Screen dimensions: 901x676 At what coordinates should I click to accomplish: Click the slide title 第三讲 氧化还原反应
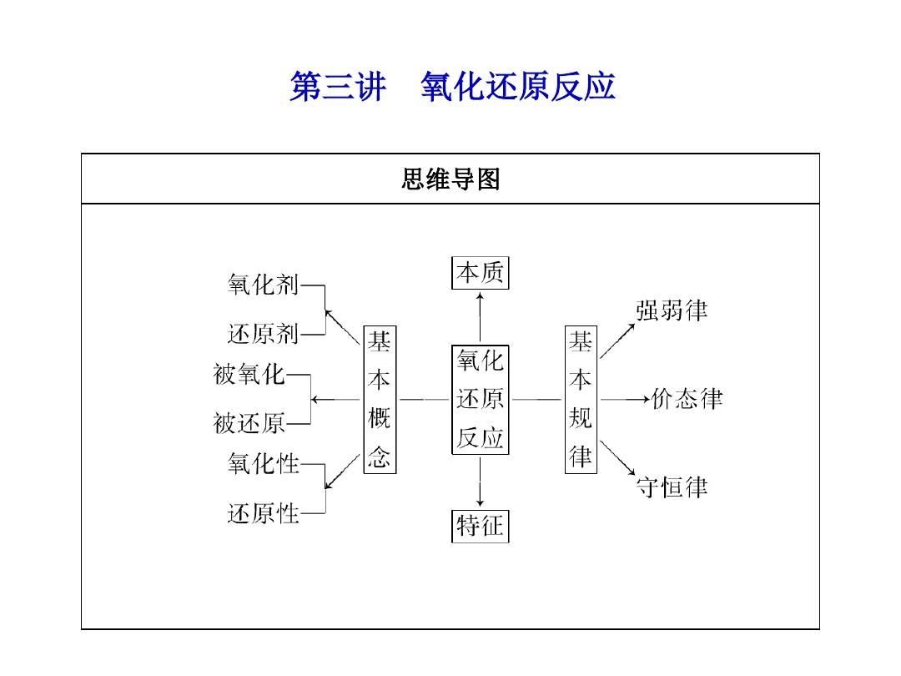click(452, 87)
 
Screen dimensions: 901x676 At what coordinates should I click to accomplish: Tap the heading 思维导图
click(450, 179)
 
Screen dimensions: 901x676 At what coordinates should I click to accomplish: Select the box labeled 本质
click(480, 273)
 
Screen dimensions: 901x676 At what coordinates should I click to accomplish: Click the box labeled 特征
click(480, 526)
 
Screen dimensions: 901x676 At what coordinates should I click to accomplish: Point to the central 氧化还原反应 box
click(480, 400)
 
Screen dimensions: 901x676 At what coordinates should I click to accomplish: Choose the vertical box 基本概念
click(380, 400)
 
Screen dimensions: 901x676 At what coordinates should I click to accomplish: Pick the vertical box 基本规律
click(581, 400)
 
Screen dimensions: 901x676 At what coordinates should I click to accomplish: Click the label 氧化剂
click(263, 285)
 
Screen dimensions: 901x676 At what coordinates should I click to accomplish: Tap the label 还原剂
click(263, 334)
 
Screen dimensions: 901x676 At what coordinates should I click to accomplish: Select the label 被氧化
click(249, 374)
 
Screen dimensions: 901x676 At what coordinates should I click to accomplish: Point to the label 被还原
click(249, 424)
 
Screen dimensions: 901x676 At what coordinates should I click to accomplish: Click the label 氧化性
click(263, 464)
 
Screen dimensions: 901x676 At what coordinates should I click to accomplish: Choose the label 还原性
click(263, 513)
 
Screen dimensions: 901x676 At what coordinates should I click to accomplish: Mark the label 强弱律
click(672, 310)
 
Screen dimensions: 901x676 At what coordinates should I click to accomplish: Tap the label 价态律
click(687, 399)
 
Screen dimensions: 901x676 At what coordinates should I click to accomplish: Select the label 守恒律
click(672, 487)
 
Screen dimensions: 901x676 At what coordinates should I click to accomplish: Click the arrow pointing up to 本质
click(480, 317)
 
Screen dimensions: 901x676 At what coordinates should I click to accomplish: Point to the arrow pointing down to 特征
click(480, 482)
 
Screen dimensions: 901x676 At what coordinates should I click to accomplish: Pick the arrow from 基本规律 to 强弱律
click(617, 341)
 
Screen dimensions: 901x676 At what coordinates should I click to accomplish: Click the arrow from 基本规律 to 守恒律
click(617, 458)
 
